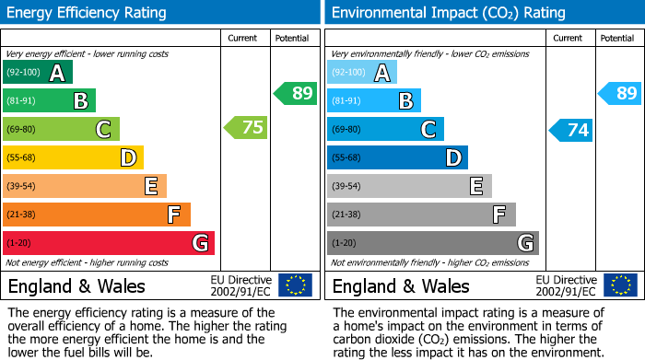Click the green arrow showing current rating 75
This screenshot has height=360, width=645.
click(x=247, y=128)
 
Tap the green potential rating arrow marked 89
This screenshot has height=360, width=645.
click(x=296, y=93)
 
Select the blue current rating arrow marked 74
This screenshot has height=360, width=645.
click(x=571, y=130)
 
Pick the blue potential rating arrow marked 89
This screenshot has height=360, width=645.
click(x=620, y=93)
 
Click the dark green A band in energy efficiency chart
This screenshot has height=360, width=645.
click(x=38, y=73)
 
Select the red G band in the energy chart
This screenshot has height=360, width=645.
click(x=109, y=243)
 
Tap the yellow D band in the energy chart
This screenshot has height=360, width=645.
click(x=73, y=158)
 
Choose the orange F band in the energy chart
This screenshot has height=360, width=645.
click(x=97, y=215)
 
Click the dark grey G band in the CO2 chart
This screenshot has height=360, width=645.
click(x=432, y=243)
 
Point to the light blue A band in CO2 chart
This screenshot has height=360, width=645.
click(x=362, y=73)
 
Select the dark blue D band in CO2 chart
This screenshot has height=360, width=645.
click(x=397, y=158)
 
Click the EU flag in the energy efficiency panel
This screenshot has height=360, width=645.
click(x=295, y=285)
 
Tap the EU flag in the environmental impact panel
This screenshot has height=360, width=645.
click(x=619, y=285)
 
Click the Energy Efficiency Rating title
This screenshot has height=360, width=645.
click(x=88, y=13)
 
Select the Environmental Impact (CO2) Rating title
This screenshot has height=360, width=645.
click(x=448, y=13)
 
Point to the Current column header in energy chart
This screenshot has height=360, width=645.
click(x=243, y=38)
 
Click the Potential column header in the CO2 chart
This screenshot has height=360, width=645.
click(x=616, y=38)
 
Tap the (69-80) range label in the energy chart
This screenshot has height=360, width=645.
click(x=22, y=130)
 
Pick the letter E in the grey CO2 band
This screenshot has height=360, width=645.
click(x=475, y=187)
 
